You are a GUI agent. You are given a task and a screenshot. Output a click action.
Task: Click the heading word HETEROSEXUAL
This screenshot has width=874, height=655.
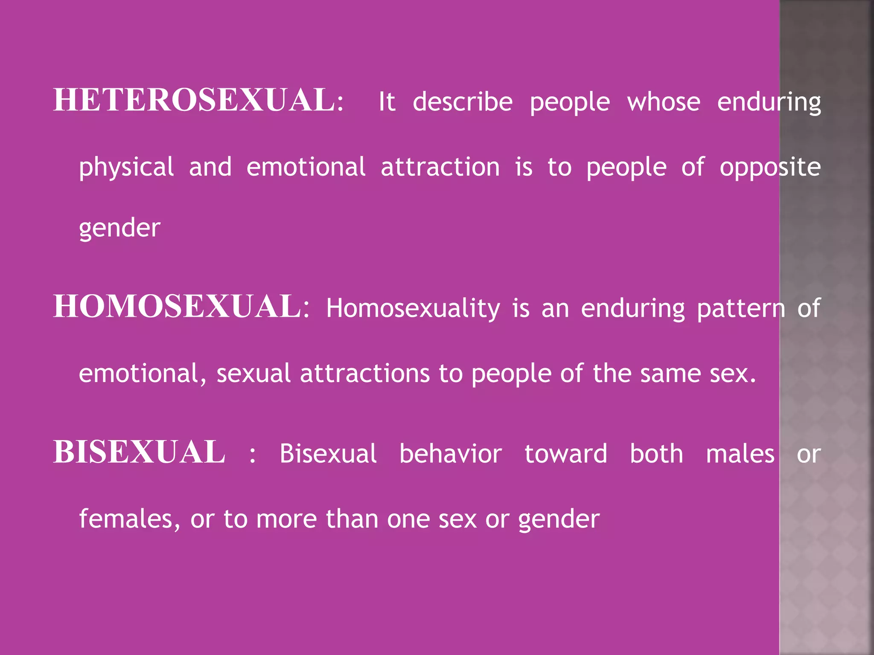[195, 101]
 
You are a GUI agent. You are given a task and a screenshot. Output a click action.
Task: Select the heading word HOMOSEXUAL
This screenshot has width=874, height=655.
[178, 307]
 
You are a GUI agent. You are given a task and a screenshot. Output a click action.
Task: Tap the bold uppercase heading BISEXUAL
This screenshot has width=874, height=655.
[139, 452]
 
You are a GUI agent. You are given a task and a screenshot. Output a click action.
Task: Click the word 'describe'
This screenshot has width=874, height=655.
[463, 102]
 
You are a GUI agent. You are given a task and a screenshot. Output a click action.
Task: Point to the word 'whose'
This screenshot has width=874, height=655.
[664, 102]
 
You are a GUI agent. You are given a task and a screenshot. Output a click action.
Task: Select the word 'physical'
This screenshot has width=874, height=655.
[126, 167]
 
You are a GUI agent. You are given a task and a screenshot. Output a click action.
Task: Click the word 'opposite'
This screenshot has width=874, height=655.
[770, 167]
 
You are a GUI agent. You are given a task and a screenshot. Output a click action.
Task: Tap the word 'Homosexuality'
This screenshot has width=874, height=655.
[413, 309]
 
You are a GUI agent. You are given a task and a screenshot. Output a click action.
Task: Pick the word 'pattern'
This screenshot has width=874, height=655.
[741, 309]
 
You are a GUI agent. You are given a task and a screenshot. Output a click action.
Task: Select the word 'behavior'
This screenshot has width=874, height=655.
[451, 454]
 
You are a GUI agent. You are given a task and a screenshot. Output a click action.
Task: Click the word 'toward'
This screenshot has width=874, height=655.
[566, 454]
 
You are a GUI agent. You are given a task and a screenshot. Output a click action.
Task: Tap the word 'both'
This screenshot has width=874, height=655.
[656, 454]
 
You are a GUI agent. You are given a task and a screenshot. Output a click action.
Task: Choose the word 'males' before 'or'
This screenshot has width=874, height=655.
[740, 454]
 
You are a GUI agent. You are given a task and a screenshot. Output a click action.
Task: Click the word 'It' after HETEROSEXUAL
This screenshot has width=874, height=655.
[387, 102]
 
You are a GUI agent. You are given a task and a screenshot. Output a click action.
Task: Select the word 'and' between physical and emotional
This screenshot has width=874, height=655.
[210, 167]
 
